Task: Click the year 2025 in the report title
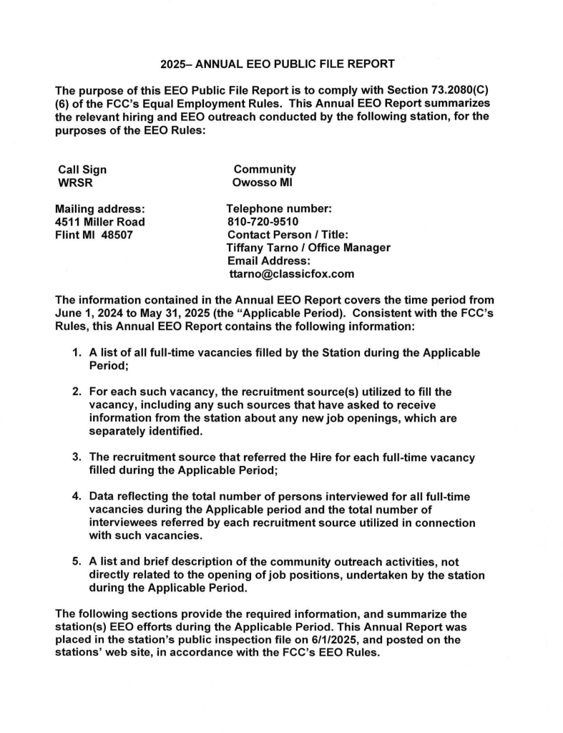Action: click(174, 64)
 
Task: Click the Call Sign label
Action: click(82, 170)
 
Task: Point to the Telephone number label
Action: click(278, 209)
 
